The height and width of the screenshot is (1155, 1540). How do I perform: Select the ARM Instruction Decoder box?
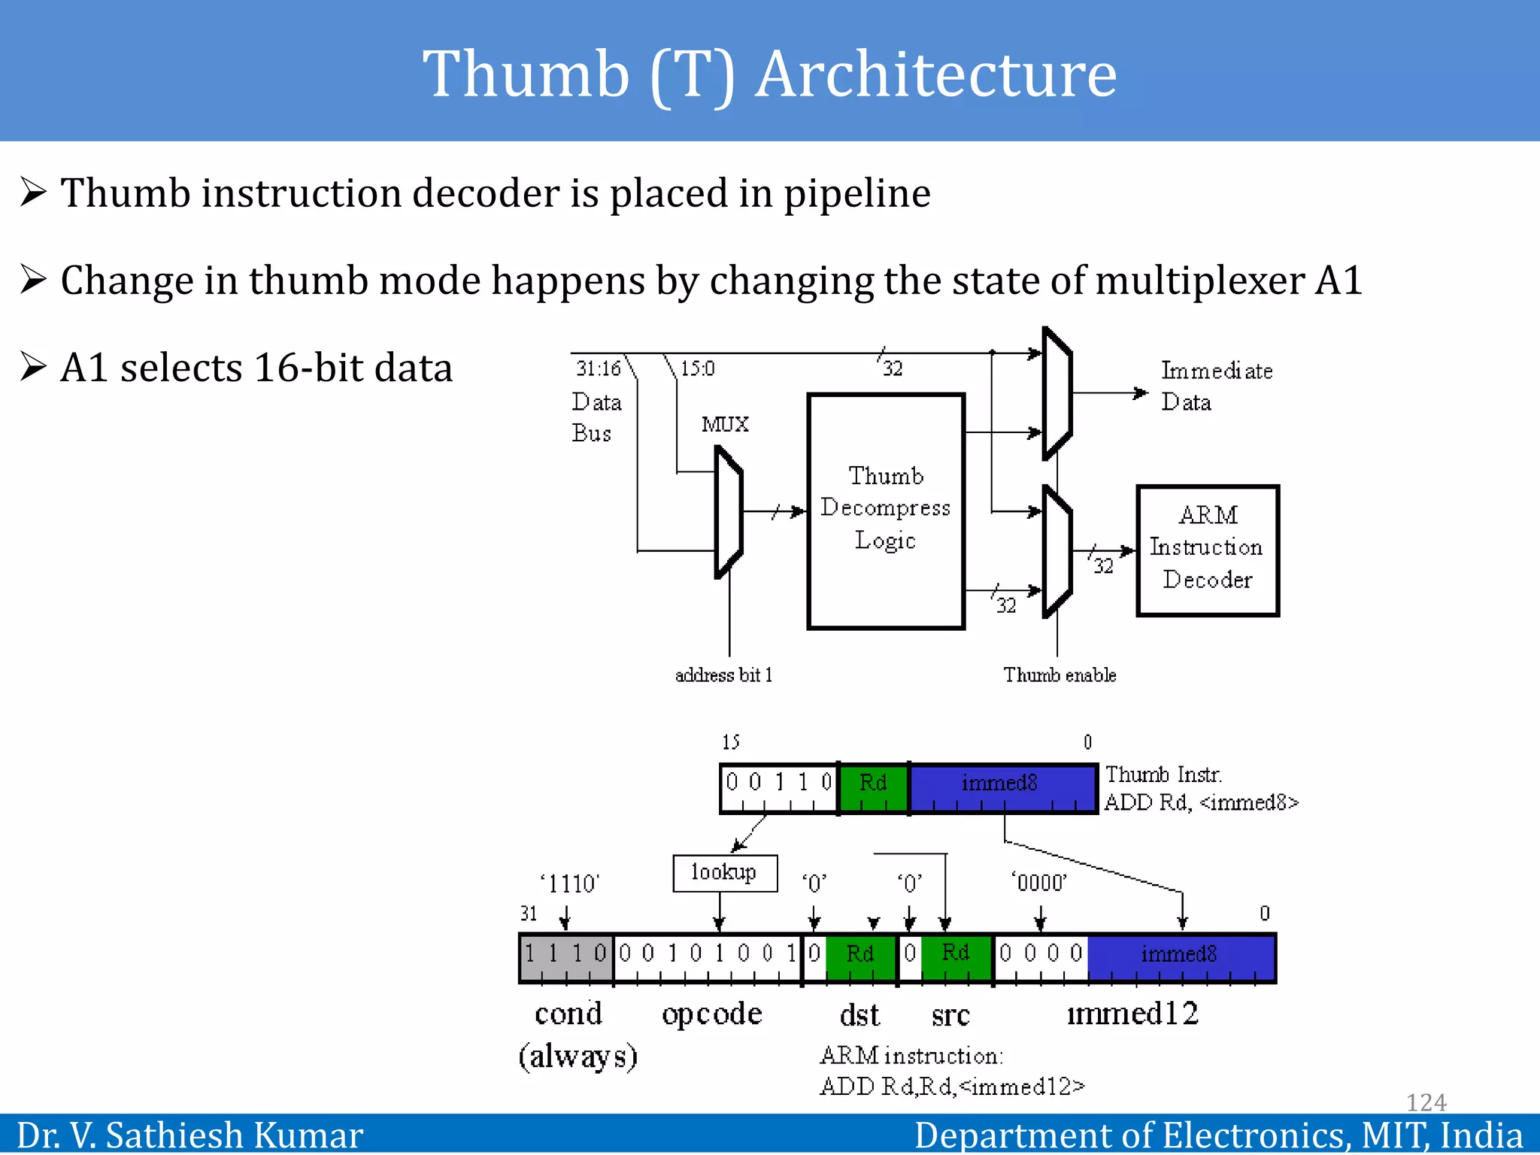(1207, 550)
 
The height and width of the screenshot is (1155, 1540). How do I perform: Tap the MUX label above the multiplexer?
(725, 424)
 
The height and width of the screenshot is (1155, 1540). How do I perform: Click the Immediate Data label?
(1215, 386)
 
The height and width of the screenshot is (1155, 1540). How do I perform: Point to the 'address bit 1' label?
(723, 675)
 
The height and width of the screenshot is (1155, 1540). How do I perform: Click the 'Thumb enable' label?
(1059, 675)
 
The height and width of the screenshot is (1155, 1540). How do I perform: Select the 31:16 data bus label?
(599, 368)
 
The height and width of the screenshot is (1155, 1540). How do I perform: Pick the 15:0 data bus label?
(697, 368)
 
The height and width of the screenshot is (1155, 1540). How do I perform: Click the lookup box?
(724, 872)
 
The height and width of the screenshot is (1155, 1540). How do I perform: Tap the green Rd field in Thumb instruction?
(873, 786)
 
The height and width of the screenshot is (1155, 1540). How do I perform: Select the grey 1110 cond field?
(565, 956)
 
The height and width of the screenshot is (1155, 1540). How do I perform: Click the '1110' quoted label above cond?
(569, 884)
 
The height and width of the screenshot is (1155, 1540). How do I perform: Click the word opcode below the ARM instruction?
(711, 1014)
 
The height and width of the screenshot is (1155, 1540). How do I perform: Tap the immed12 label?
(1132, 1014)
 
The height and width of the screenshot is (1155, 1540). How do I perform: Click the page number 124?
(1426, 1102)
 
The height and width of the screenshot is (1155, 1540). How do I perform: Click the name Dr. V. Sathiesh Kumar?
(189, 1135)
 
